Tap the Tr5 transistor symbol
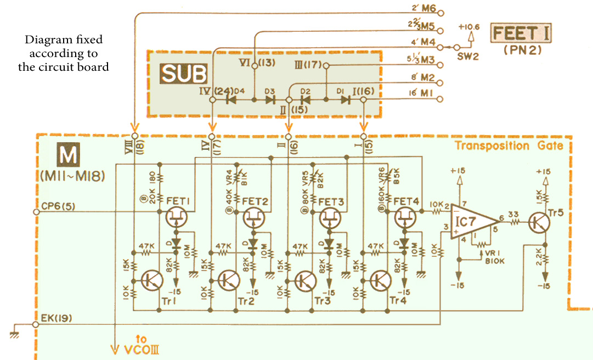coord(539,222)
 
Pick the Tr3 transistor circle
coord(304,280)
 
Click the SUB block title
coord(183,74)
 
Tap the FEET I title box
coord(522,34)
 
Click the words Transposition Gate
coord(509,145)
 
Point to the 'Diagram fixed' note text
coord(64,54)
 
